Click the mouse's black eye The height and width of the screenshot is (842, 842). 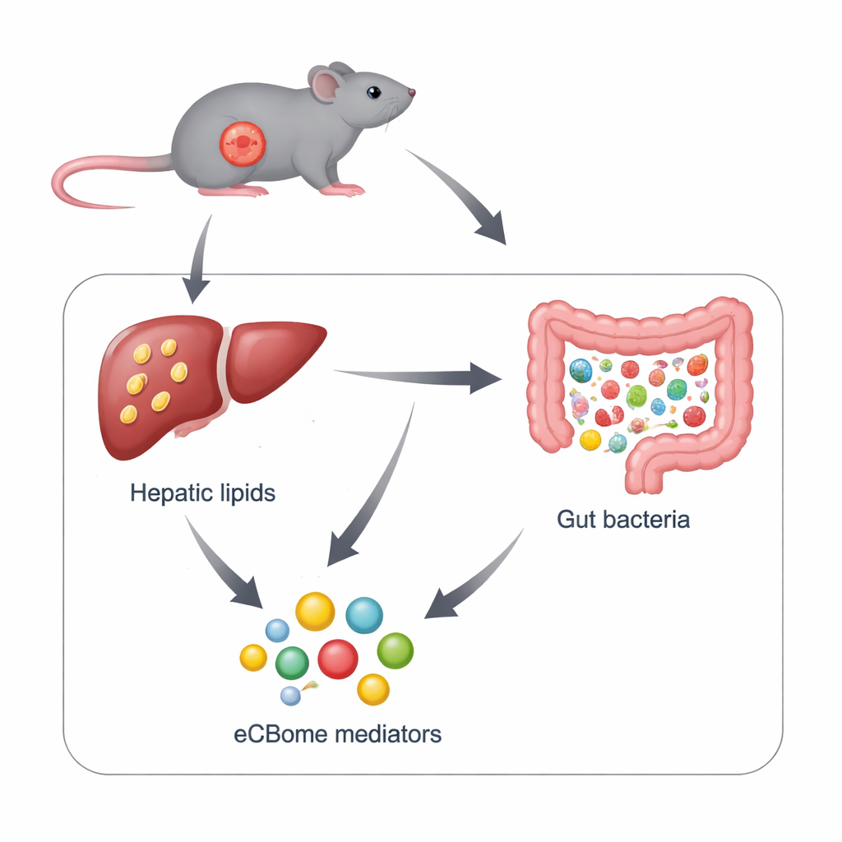click(x=373, y=92)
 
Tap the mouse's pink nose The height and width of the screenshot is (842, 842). click(x=411, y=93)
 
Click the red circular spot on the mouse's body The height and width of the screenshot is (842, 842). click(x=243, y=143)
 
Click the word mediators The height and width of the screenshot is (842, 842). click(x=390, y=733)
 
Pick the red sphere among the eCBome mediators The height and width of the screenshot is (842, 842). click(x=337, y=659)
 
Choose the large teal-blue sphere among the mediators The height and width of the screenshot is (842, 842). click(x=364, y=615)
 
